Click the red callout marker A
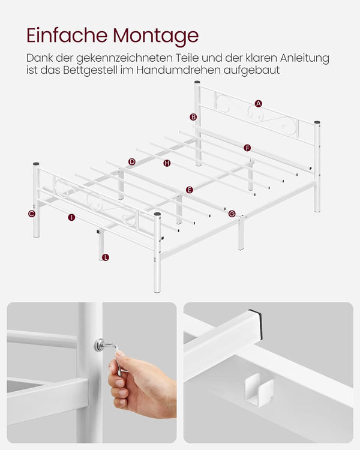[259, 103]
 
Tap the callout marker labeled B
[193, 117]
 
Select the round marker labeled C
[32, 214]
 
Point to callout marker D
[132, 162]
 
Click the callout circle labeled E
[189, 190]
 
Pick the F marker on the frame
[247, 148]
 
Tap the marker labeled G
[232, 214]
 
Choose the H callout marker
[167, 163]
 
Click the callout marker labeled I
[71, 217]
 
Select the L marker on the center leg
[106, 257]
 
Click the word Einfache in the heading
[67, 35]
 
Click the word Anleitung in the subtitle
[305, 58]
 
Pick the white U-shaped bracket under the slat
[259, 389]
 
